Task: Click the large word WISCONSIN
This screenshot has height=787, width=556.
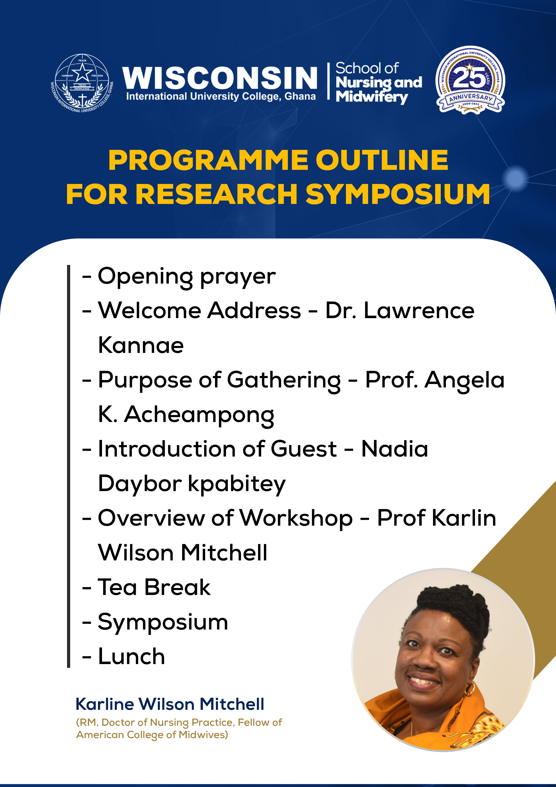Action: point(219,77)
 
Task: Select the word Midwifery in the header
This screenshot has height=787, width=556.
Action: point(372,97)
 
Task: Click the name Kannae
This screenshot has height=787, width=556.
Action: point(141,345)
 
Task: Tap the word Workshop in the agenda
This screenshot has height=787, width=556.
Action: point(296,519)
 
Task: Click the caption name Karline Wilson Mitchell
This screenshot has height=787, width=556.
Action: point(170,704)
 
